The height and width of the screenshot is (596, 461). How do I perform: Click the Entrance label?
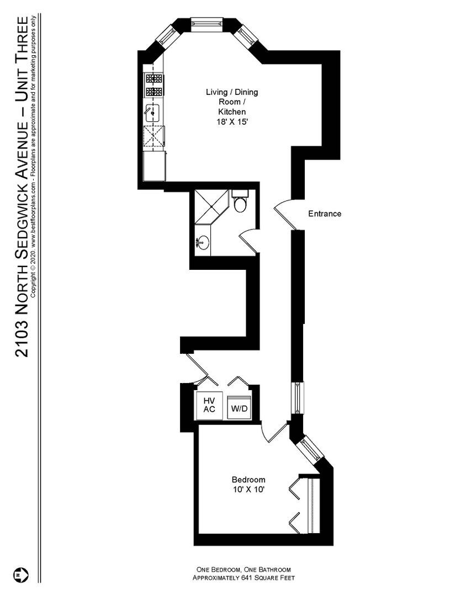324,214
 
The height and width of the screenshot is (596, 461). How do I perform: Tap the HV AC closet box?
209,405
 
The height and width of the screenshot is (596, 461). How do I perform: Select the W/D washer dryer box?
240,409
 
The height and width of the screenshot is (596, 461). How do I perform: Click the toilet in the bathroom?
240,203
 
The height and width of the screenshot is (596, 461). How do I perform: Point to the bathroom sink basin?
203,242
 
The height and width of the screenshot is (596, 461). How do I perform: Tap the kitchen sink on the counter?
153,113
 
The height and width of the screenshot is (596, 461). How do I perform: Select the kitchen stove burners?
153,85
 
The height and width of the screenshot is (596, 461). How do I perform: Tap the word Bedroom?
248,480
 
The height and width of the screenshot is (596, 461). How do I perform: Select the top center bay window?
207,23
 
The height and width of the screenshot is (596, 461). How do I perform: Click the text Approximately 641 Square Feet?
243,578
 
